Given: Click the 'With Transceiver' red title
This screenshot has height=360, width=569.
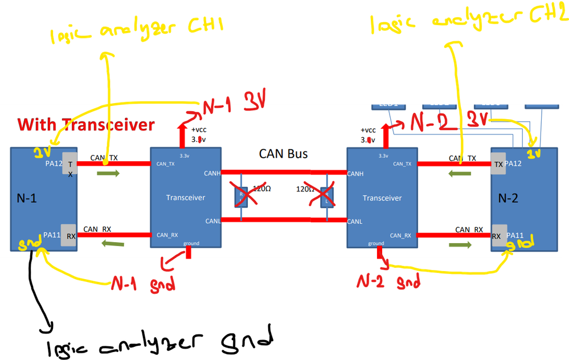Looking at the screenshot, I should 86,124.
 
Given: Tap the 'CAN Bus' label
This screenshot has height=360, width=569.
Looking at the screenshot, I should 284,153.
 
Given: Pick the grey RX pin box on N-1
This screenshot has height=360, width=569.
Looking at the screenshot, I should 69,235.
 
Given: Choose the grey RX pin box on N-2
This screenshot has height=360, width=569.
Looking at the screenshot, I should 497,235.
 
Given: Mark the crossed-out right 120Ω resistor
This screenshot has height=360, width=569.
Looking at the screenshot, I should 326,197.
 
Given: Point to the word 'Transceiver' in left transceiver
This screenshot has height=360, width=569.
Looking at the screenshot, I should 185,198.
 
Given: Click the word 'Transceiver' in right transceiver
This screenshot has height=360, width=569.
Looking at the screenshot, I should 382,198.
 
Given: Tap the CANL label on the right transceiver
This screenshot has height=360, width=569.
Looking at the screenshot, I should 356,221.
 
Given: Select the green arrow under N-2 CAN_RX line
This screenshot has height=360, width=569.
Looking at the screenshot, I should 460,245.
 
